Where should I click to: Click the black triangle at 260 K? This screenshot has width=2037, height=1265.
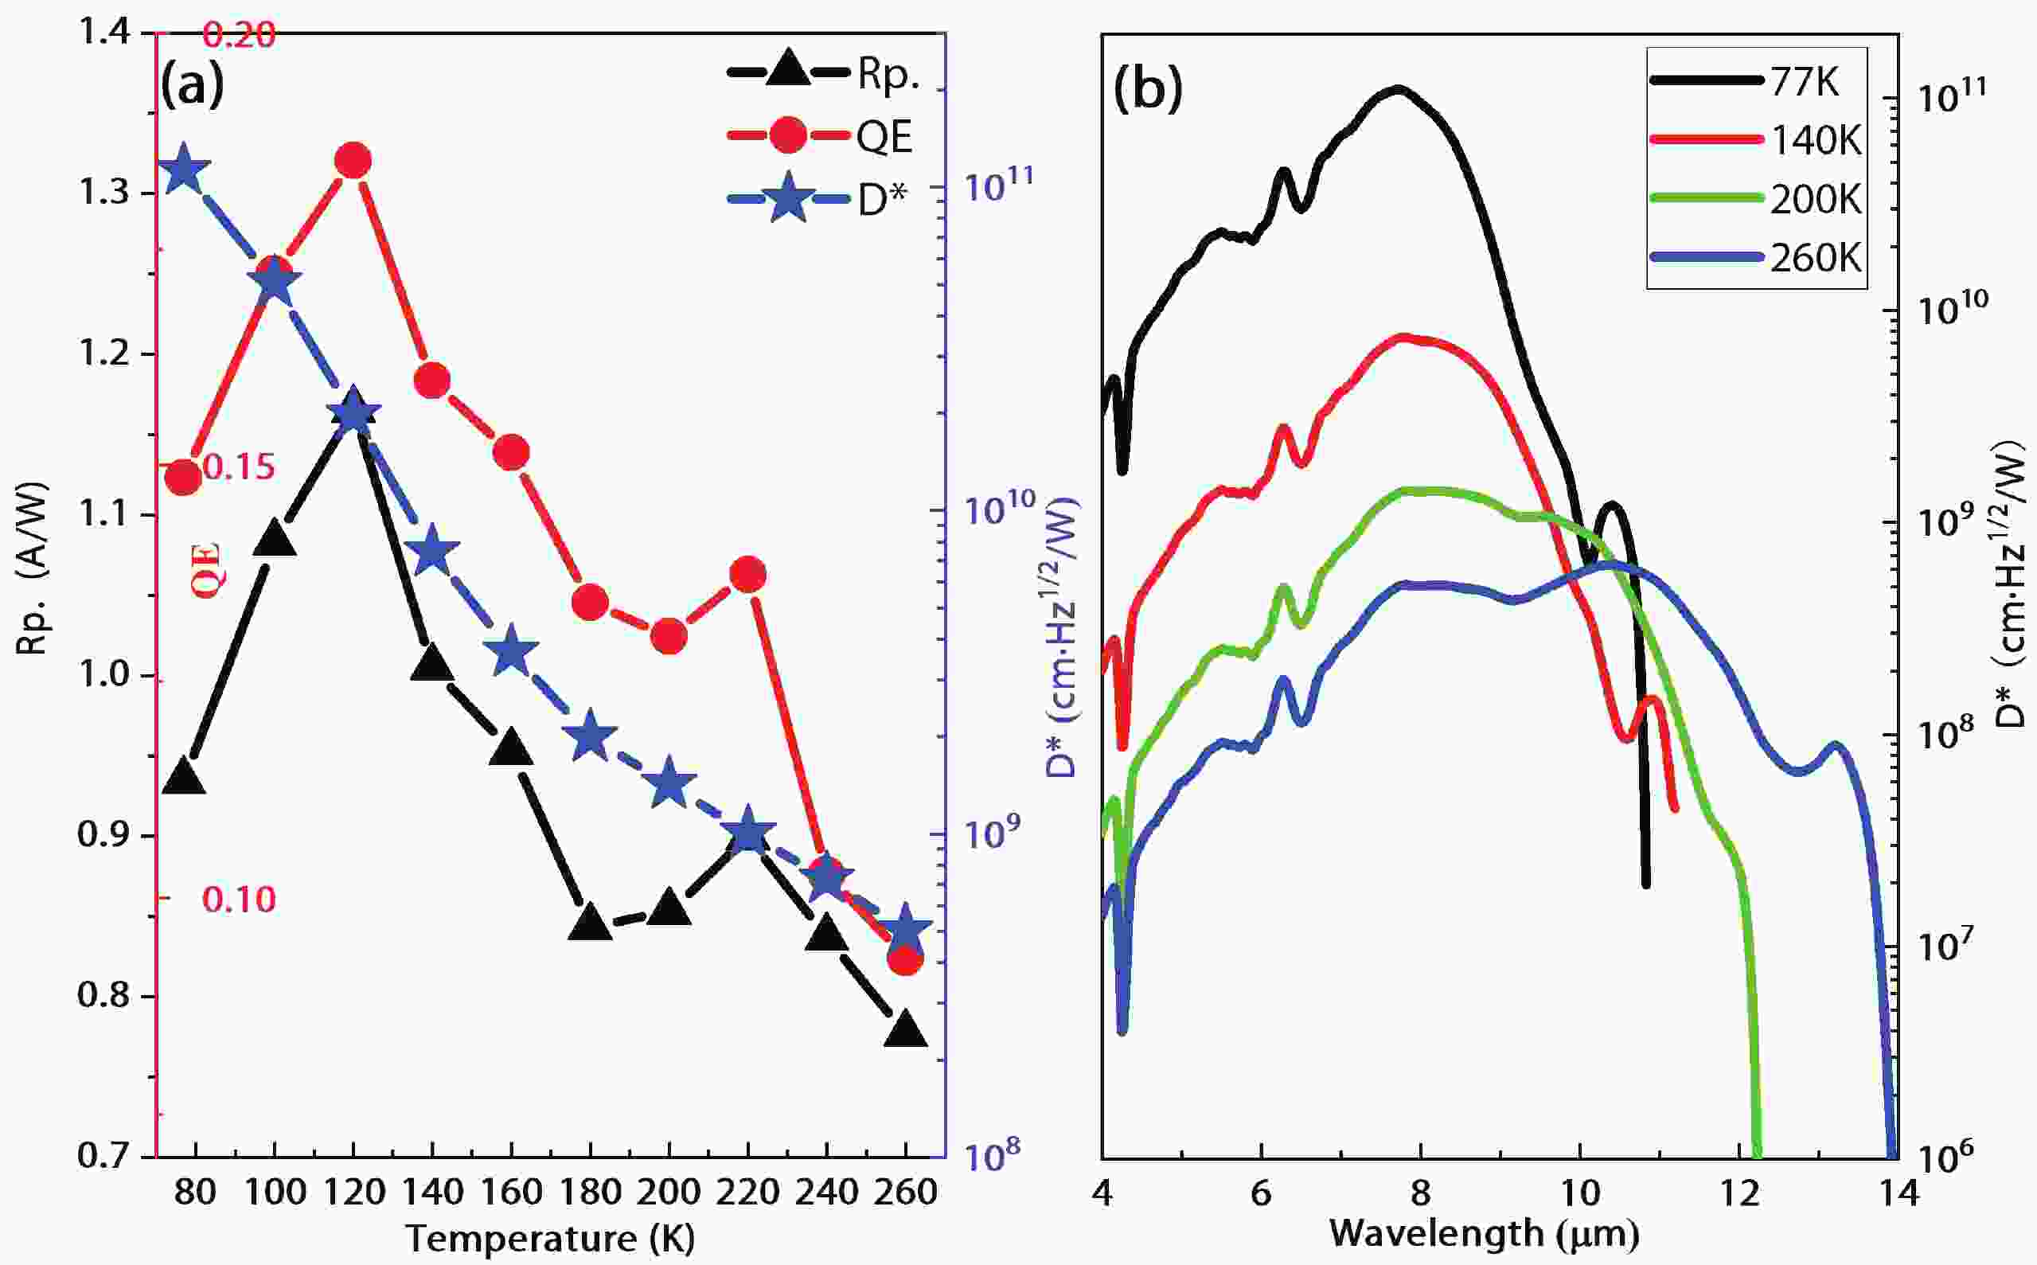point(906,1030)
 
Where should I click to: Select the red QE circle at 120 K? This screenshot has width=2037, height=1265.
point(352,161)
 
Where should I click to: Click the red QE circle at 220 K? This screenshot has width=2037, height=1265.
point(748,574)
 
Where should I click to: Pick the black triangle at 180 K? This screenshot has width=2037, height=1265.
point(591,921)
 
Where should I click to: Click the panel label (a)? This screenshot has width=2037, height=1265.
point(193,86)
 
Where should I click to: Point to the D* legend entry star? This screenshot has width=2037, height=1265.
point(787,199)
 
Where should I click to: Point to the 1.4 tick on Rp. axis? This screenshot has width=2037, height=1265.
point(103,33)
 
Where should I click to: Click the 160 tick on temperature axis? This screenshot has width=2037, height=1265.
point(511,1192)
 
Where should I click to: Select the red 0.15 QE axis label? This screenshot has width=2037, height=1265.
point(239,467)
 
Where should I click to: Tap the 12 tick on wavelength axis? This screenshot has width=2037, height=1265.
point(1739,1193)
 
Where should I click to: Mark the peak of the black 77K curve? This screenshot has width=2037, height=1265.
point(1397,88)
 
